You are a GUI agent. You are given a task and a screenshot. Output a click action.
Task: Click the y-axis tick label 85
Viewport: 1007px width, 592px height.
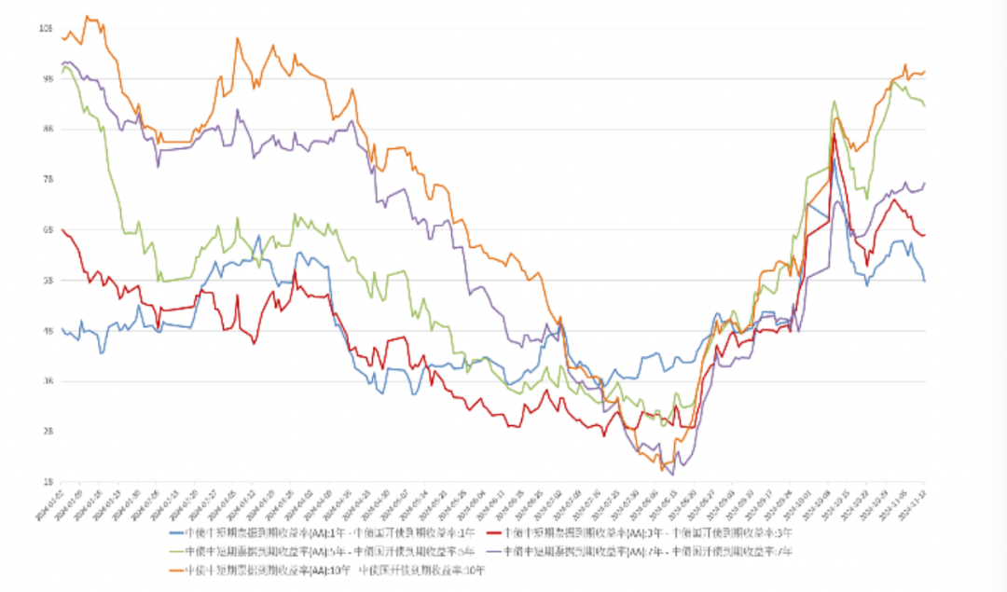pyautogui.click(x=46, y=130)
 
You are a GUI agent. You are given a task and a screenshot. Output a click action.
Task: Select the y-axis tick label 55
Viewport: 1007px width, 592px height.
pyautogui.click(x=46, y=281)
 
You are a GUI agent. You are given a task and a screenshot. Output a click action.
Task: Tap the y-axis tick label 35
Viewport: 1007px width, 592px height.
pyautogui.click(x=46, y=381)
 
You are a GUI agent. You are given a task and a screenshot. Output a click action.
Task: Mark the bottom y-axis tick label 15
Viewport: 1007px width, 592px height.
pyautogui.click(x=46, y=482)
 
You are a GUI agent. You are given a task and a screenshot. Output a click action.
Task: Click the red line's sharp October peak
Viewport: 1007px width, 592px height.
pyautogui.click(x=834, y=135)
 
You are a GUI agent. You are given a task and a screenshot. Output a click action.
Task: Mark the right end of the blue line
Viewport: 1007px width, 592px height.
pyautogui.click(x=924, y=281)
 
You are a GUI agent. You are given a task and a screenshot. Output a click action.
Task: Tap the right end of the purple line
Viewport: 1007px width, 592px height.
pyautogui.click(x=924, y=184)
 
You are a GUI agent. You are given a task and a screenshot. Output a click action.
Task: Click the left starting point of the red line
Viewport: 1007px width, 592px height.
pyautogui.click(x=62, y=229)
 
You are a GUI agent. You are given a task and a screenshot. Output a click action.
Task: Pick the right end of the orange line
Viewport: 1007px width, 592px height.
pyautogui.click(x=924, y=72)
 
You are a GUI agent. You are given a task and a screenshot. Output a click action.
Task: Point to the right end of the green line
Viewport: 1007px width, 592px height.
pyautogui.click(x=924, y=105)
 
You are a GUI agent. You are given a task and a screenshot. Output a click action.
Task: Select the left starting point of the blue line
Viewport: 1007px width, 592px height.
pyautogui.click(x=62, y=328)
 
